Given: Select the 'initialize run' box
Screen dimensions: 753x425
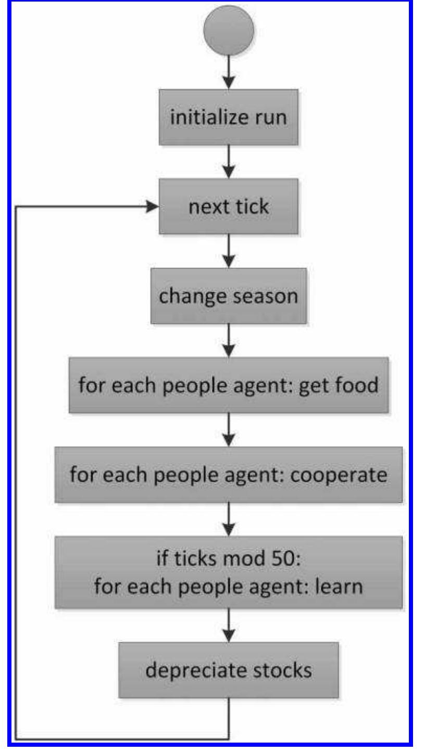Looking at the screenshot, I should coord(229,118).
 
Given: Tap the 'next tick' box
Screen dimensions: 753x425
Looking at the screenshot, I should coord(229,207).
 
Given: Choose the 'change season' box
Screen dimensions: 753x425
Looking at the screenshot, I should coord(229,296).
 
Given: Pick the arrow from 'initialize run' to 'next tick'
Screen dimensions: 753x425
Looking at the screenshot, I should coord(229,162).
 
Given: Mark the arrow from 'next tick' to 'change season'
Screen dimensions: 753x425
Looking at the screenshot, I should coord(229,252).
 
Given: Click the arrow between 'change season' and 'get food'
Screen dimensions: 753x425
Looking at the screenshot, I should coord(229,341).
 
